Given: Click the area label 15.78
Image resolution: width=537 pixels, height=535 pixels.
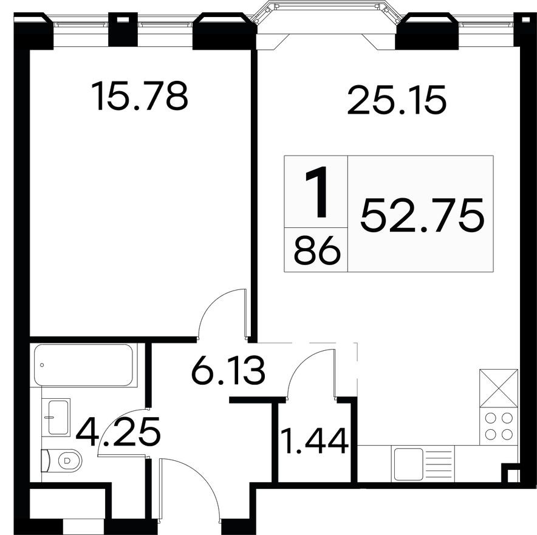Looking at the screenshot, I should click(139, 97).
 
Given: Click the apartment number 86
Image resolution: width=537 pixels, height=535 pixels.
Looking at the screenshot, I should click(316, 250).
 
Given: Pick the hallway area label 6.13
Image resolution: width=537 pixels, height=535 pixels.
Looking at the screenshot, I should click(228, 371).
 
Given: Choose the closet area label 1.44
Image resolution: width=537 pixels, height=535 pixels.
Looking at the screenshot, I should click(313, 441).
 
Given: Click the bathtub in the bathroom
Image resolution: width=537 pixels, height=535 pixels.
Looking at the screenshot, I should click(83, 365).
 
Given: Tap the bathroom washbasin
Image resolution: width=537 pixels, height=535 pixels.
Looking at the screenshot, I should click(58, 416).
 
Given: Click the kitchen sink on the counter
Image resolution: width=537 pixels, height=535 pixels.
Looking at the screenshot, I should click(408, 464).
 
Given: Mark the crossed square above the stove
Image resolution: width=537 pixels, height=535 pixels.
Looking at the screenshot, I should click(498, 388).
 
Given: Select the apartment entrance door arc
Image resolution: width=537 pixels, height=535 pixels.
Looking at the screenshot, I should click(188, 486).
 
